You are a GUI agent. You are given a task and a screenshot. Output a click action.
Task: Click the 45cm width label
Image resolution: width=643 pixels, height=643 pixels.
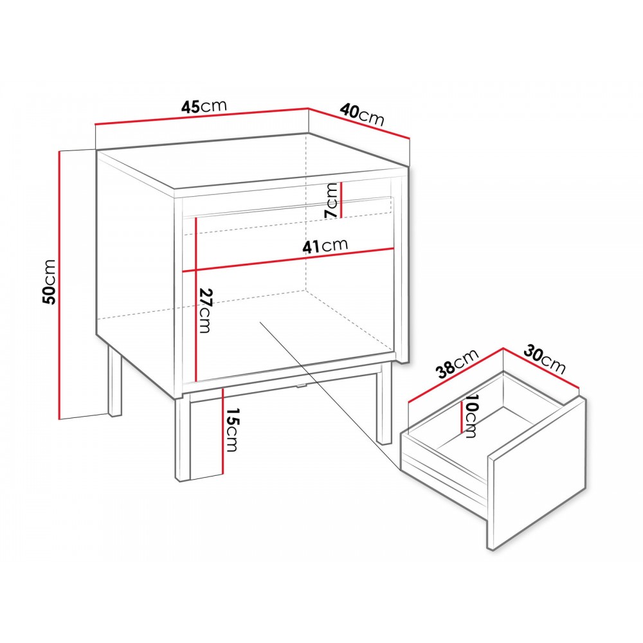204,106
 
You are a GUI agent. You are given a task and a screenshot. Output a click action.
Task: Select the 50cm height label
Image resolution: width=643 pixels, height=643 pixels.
50,282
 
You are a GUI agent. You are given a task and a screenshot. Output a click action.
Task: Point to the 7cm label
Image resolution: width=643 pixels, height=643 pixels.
332,200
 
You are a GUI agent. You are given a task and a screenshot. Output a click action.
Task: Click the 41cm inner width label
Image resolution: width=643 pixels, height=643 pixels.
325,246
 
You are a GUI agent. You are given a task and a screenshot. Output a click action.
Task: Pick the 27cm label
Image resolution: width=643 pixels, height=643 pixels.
206,311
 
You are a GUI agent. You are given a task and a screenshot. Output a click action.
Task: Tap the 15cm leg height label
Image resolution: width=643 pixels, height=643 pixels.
232,430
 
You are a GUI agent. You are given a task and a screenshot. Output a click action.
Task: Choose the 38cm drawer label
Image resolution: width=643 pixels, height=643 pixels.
458,363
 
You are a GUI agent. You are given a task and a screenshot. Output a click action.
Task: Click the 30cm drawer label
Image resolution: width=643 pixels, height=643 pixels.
545,359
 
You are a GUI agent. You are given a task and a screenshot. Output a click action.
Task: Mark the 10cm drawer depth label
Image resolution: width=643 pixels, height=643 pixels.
471,416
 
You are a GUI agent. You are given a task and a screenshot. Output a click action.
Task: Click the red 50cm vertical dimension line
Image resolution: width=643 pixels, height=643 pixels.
60,285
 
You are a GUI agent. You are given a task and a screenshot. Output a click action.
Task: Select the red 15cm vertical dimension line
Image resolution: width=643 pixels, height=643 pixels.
222,431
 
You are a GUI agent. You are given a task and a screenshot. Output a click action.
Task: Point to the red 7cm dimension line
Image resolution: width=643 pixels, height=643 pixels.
341,200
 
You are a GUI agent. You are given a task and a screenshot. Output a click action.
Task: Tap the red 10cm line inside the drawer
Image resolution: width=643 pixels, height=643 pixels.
462,417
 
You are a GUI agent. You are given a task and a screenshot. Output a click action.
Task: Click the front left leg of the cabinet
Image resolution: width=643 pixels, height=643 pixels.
182,439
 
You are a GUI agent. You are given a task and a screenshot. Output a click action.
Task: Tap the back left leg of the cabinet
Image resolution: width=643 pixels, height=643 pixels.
115,382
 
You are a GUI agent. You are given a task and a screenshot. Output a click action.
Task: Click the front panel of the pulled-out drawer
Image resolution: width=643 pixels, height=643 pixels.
537,474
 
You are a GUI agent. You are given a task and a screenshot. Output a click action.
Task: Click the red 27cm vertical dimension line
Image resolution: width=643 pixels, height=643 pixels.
196,300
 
